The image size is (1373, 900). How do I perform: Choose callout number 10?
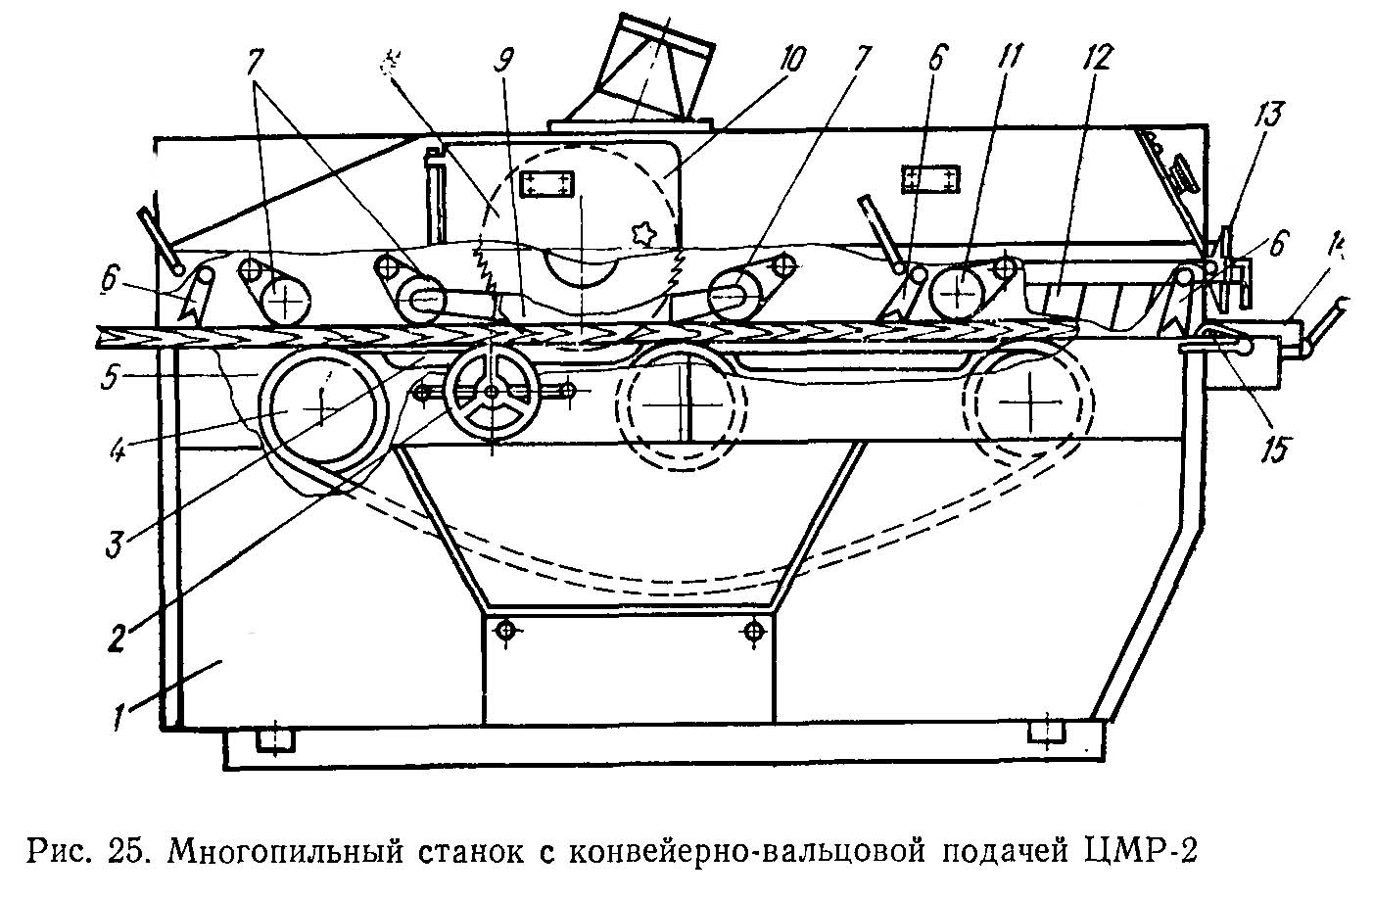tap(790, 60)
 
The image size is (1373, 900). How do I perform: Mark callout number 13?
tap(1266, 117)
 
